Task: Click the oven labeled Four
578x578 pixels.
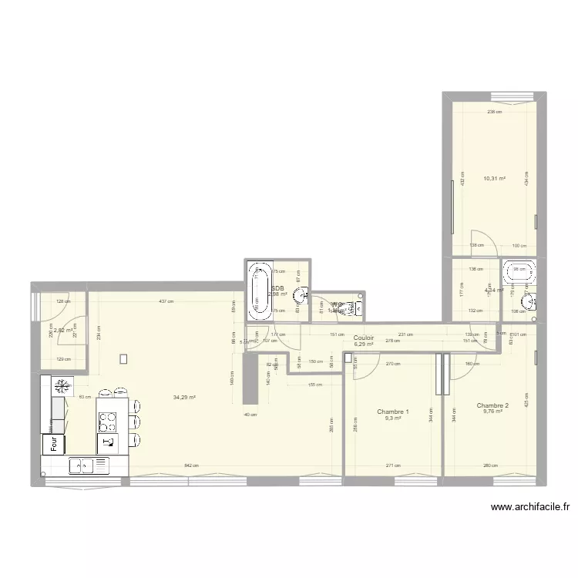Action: coord(55,444)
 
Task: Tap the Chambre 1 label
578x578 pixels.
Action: coord(393,412)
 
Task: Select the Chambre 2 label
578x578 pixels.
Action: coord(492,405)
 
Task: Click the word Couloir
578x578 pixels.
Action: coord(364,338)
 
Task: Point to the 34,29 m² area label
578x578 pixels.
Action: coord(184,398)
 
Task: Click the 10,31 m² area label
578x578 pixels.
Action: coord(494,179)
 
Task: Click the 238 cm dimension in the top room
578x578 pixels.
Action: coord(494,112)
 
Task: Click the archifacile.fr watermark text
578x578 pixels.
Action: coord(529,507)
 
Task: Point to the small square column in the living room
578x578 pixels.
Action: coord(123,358)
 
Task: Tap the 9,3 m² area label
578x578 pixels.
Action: coord(393,418)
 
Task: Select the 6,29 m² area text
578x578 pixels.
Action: coord(364,344)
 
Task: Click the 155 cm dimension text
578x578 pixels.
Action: coord(314,385)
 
